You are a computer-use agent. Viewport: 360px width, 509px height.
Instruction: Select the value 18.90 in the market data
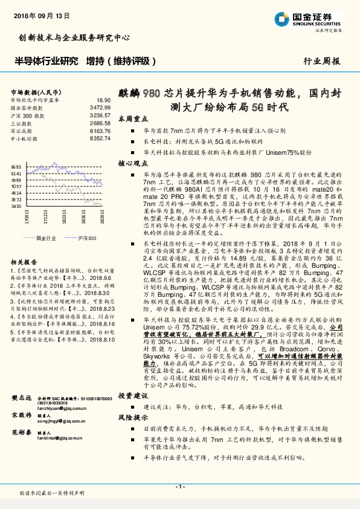pos(103,100)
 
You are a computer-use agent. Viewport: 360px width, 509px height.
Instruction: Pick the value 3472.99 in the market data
pos(100,107)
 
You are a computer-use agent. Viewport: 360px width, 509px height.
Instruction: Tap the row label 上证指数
pos(22,122)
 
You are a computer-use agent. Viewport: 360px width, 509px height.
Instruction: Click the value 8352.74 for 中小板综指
pos(100,138)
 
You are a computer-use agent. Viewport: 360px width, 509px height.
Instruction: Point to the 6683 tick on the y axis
pos(16,166)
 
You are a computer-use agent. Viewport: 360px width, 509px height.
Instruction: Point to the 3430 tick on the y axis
pos(16,206)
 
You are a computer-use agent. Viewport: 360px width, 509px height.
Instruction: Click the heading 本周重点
pos(130,118)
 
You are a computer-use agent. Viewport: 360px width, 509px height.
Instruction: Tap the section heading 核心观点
pos(130,163)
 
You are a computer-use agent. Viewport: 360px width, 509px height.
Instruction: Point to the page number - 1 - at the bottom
pos(179,487)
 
